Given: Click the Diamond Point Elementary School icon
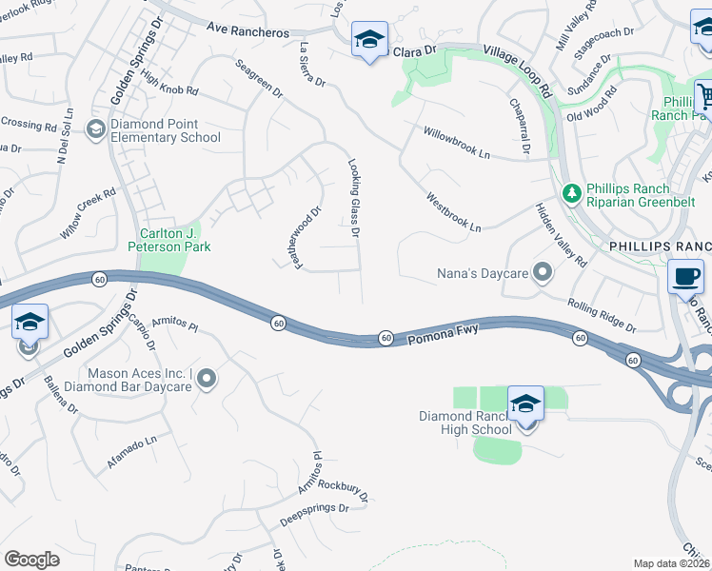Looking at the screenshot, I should click(95, 129).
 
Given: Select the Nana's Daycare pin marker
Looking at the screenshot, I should click(543, 274).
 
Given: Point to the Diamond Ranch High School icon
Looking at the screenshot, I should click(524, 404).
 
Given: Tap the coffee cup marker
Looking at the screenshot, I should click(685, 277).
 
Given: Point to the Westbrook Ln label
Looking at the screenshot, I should click(454, 213).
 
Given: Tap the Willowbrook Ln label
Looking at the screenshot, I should click(457, 143).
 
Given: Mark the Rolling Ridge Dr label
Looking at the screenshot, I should click(601, 315).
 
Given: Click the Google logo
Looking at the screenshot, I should click(31, 560).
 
